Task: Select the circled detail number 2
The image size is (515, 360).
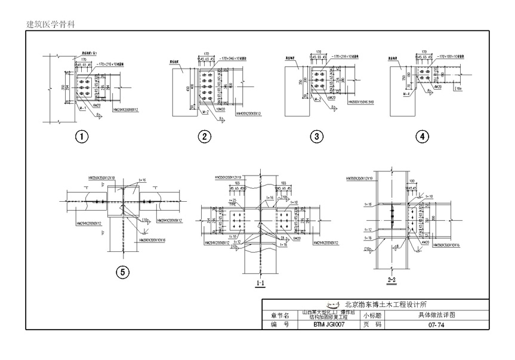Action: click(204, 137)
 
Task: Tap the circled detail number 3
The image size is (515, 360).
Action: click(316, 137)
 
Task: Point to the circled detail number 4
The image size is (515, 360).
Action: click(422, 137)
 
